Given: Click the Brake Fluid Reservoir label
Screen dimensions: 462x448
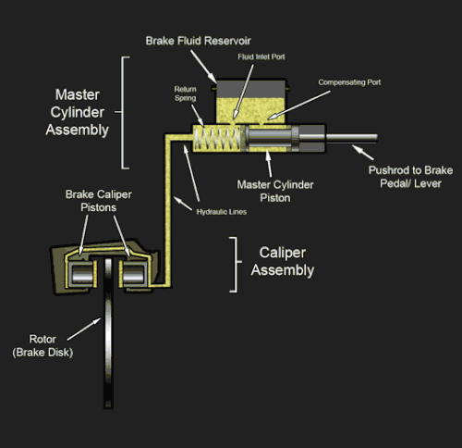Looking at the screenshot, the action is point(198,41).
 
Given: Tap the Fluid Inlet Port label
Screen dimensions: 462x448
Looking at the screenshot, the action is point(261,56).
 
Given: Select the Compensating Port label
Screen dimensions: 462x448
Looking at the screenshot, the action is point(349,82).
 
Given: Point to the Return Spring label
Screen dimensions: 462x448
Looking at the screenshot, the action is point(185,93).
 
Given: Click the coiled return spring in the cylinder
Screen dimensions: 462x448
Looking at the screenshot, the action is point(218,138).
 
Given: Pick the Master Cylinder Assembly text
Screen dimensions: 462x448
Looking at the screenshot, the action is point(78,112).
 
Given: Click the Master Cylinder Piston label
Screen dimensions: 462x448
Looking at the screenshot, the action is point(275,191).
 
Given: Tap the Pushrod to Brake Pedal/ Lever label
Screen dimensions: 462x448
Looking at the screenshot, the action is point(410,177).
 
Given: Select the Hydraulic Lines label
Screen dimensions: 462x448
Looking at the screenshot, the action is point(222,212).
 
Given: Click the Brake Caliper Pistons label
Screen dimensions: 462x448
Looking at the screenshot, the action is point(99,201).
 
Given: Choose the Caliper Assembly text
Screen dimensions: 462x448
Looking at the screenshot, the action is point(283,261).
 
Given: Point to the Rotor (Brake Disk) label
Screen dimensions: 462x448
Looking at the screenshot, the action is point(43,345).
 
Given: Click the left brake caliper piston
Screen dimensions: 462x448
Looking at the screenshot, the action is point(82,274).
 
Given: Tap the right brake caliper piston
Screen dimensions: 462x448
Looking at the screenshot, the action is point(133,274).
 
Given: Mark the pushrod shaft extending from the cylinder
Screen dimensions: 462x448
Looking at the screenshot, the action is point(351,138).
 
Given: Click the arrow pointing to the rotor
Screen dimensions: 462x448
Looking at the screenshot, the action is point(84,330).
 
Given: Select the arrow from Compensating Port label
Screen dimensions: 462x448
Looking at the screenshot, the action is point(298,105).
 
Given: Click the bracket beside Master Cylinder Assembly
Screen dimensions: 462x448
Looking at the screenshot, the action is point(122,113).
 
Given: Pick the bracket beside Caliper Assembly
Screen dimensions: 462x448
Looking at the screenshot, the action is point(236,265).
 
